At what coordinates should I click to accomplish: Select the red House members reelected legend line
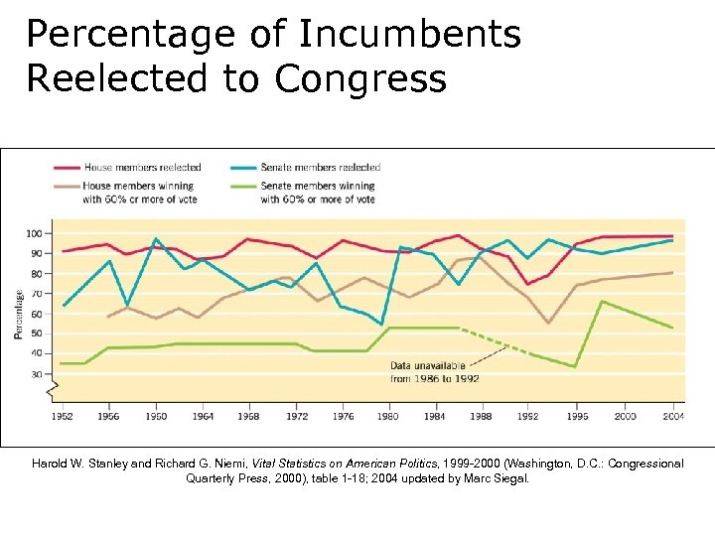68,167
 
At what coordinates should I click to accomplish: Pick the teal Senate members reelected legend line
243,167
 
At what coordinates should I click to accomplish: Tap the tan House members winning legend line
68,185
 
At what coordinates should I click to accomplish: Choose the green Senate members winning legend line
243,185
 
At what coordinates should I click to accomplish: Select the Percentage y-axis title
20,314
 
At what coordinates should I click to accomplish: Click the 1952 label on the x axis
63,417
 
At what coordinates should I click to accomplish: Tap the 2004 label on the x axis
672,417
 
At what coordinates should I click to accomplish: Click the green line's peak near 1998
601,302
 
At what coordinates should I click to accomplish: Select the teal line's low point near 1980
382,325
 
